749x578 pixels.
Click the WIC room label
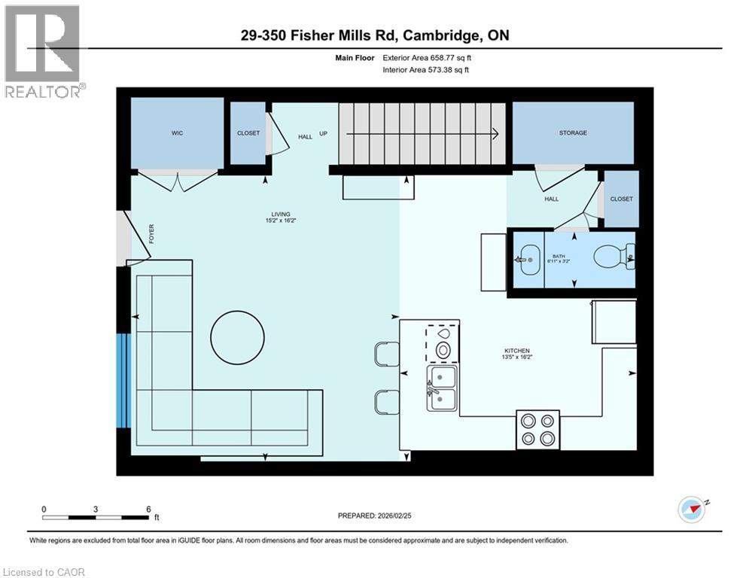pos(177,133)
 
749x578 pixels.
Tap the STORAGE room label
pos(573,133)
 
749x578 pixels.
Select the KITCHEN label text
pos(517,351)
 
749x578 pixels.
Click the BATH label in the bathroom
pos(556,257)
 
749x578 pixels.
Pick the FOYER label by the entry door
pos(151,233)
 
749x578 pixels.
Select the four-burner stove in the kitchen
pos(537,430)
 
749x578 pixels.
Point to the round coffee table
pos(236,337)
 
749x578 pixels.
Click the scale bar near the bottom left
pos(96,517)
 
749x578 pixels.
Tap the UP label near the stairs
pos(323,135)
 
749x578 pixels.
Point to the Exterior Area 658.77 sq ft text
pos(428,57)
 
